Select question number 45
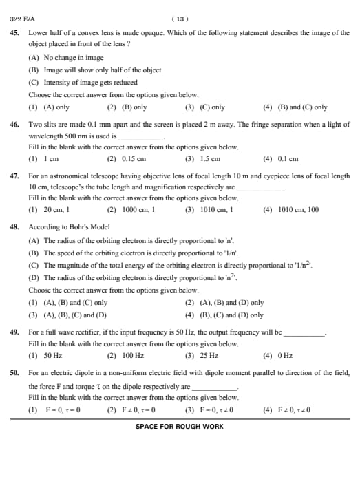pos(14,33)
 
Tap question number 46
pos(14,125)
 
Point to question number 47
pos(14,176)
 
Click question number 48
pos(14,226)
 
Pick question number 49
pos(14,332)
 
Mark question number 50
pos(14,372)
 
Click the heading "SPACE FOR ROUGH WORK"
pos(180,427)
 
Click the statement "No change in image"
pos(74,58)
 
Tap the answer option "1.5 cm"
pos(211,159)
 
